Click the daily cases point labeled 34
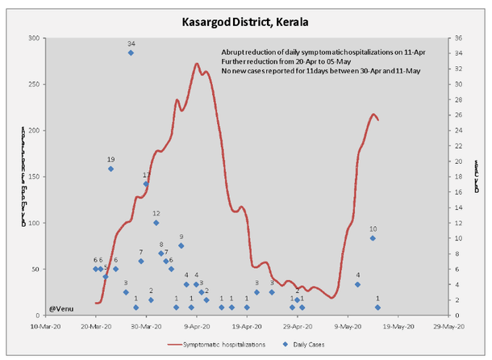click(x=131, y=53)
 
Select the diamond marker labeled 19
click(x=110, y=169)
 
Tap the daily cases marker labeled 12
click(x=156, y=223)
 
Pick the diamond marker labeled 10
click(x=373, y=238)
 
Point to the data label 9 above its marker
click(x=181, y=237)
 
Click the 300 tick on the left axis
click(x=35, y=39)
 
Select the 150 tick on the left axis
click(x=35, y=177)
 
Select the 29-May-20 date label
click(x=448, y=327)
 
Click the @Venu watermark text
click(x=61, y=308)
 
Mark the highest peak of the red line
click(x=198, y=64)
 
